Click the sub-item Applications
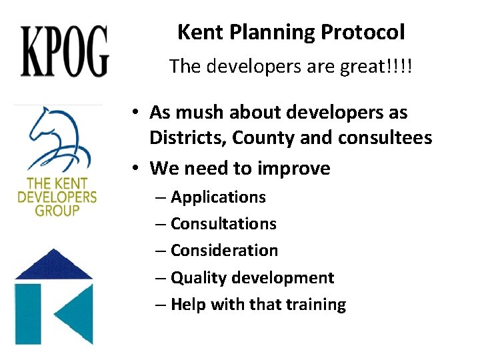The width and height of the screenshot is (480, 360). tap(218, 197)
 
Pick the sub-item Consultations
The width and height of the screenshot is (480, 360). tap(223, 224)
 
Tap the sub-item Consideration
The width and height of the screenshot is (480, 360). tap(224, 251)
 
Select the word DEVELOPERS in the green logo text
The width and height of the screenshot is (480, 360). tap(57, 197)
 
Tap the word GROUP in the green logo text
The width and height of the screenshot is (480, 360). tap(57, 210)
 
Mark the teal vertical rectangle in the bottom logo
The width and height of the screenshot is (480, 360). tap(27, 314)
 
